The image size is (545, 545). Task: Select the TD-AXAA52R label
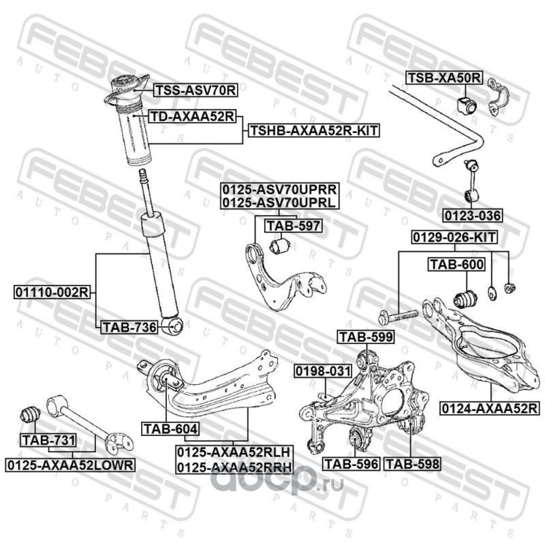(191, 116)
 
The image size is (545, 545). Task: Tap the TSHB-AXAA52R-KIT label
(315, 129)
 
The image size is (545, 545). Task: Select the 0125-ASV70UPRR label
(279, 190)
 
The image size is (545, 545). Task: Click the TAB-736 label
(129, 328)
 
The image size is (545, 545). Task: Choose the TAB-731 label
(47, 440)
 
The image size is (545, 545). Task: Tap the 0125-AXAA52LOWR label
(72, 464)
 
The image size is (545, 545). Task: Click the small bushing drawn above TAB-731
(31, 414)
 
